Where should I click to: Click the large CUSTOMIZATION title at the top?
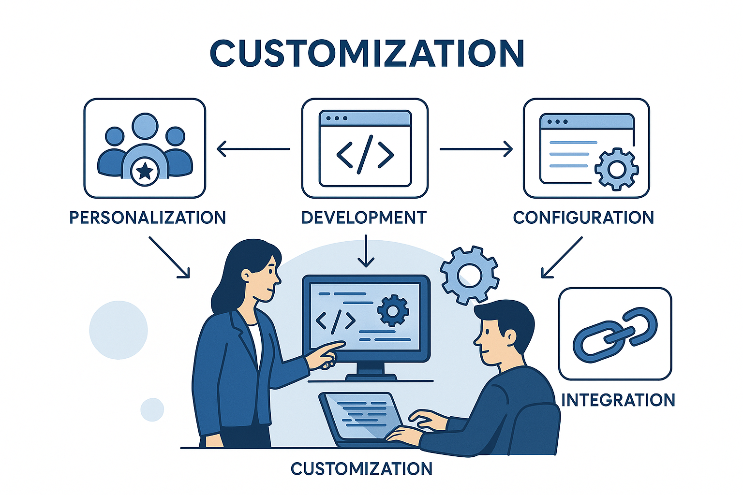click(367, 53)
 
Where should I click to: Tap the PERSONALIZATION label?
click(148, 218)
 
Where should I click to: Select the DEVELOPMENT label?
click(364, 218)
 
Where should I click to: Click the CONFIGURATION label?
click(583, 218)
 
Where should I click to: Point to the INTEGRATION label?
click(618, 400)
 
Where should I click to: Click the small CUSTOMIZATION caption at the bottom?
click(361, 468)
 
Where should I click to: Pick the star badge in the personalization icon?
click(145, 171)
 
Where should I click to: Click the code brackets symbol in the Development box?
click(365, 154)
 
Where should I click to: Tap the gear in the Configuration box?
click(616, 169)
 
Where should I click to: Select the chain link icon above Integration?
click(615, 335)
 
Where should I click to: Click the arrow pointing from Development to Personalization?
click(253, 149)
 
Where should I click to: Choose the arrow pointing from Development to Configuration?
click(476, 149)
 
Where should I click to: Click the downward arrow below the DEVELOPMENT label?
click(366, 251)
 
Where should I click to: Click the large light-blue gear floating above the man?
click(469, 275)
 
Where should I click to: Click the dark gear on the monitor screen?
click(393, 310)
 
